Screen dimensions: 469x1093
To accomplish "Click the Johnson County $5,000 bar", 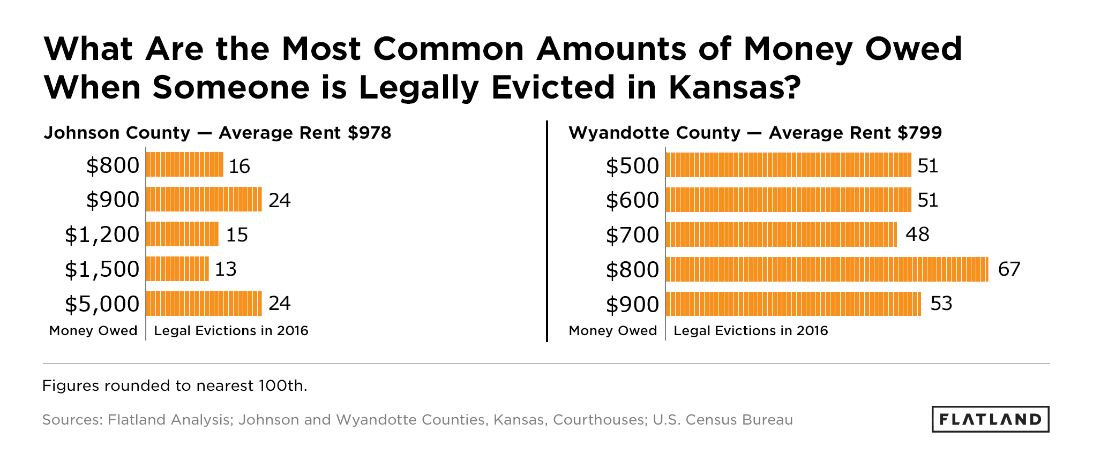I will pyautogui.click(x=204, y=304).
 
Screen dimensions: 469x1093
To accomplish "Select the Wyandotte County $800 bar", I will pyautogui.click(x=827, y=269).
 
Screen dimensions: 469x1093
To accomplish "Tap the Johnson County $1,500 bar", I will pyautogui.click(x=177, y=269).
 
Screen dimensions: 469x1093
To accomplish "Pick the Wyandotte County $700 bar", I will pyautogui.click(x=781, y=234).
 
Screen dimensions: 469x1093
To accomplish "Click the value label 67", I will pyautogui.click(x=1009, y=269).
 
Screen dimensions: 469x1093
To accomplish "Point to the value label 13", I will pyautogui.click(x=226, y=269).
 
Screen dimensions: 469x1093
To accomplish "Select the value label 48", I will pyautogui.click(x=917, y=234).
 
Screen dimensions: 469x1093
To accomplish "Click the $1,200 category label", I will pyautogui.click(x=102, y=234).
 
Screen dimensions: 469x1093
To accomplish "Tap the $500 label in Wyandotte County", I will pyautogui.click(x=632, y=165).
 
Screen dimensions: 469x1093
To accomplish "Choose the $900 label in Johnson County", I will pyautogui.click(x=113, y=200).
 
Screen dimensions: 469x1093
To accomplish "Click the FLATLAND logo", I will pyautogui.click(x=990, y=419).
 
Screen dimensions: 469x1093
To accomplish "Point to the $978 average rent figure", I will pyautogui.click(x=369, y=132).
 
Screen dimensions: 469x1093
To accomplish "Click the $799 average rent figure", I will pyautogui.click(x=919, y=132).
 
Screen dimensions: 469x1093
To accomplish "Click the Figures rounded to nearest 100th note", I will pyautogui.click(x=175, y=385).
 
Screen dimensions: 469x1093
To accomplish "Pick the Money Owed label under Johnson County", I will pyautogui.click(x=93, y=330).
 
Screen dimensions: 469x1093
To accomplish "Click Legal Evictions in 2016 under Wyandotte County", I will pyautogui.click(x=751, y=330).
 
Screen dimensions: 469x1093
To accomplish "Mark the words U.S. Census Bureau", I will pyautogui.click(x=722, y=419).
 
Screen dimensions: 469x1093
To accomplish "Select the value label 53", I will pyautogui.click(x=941, y=304).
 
